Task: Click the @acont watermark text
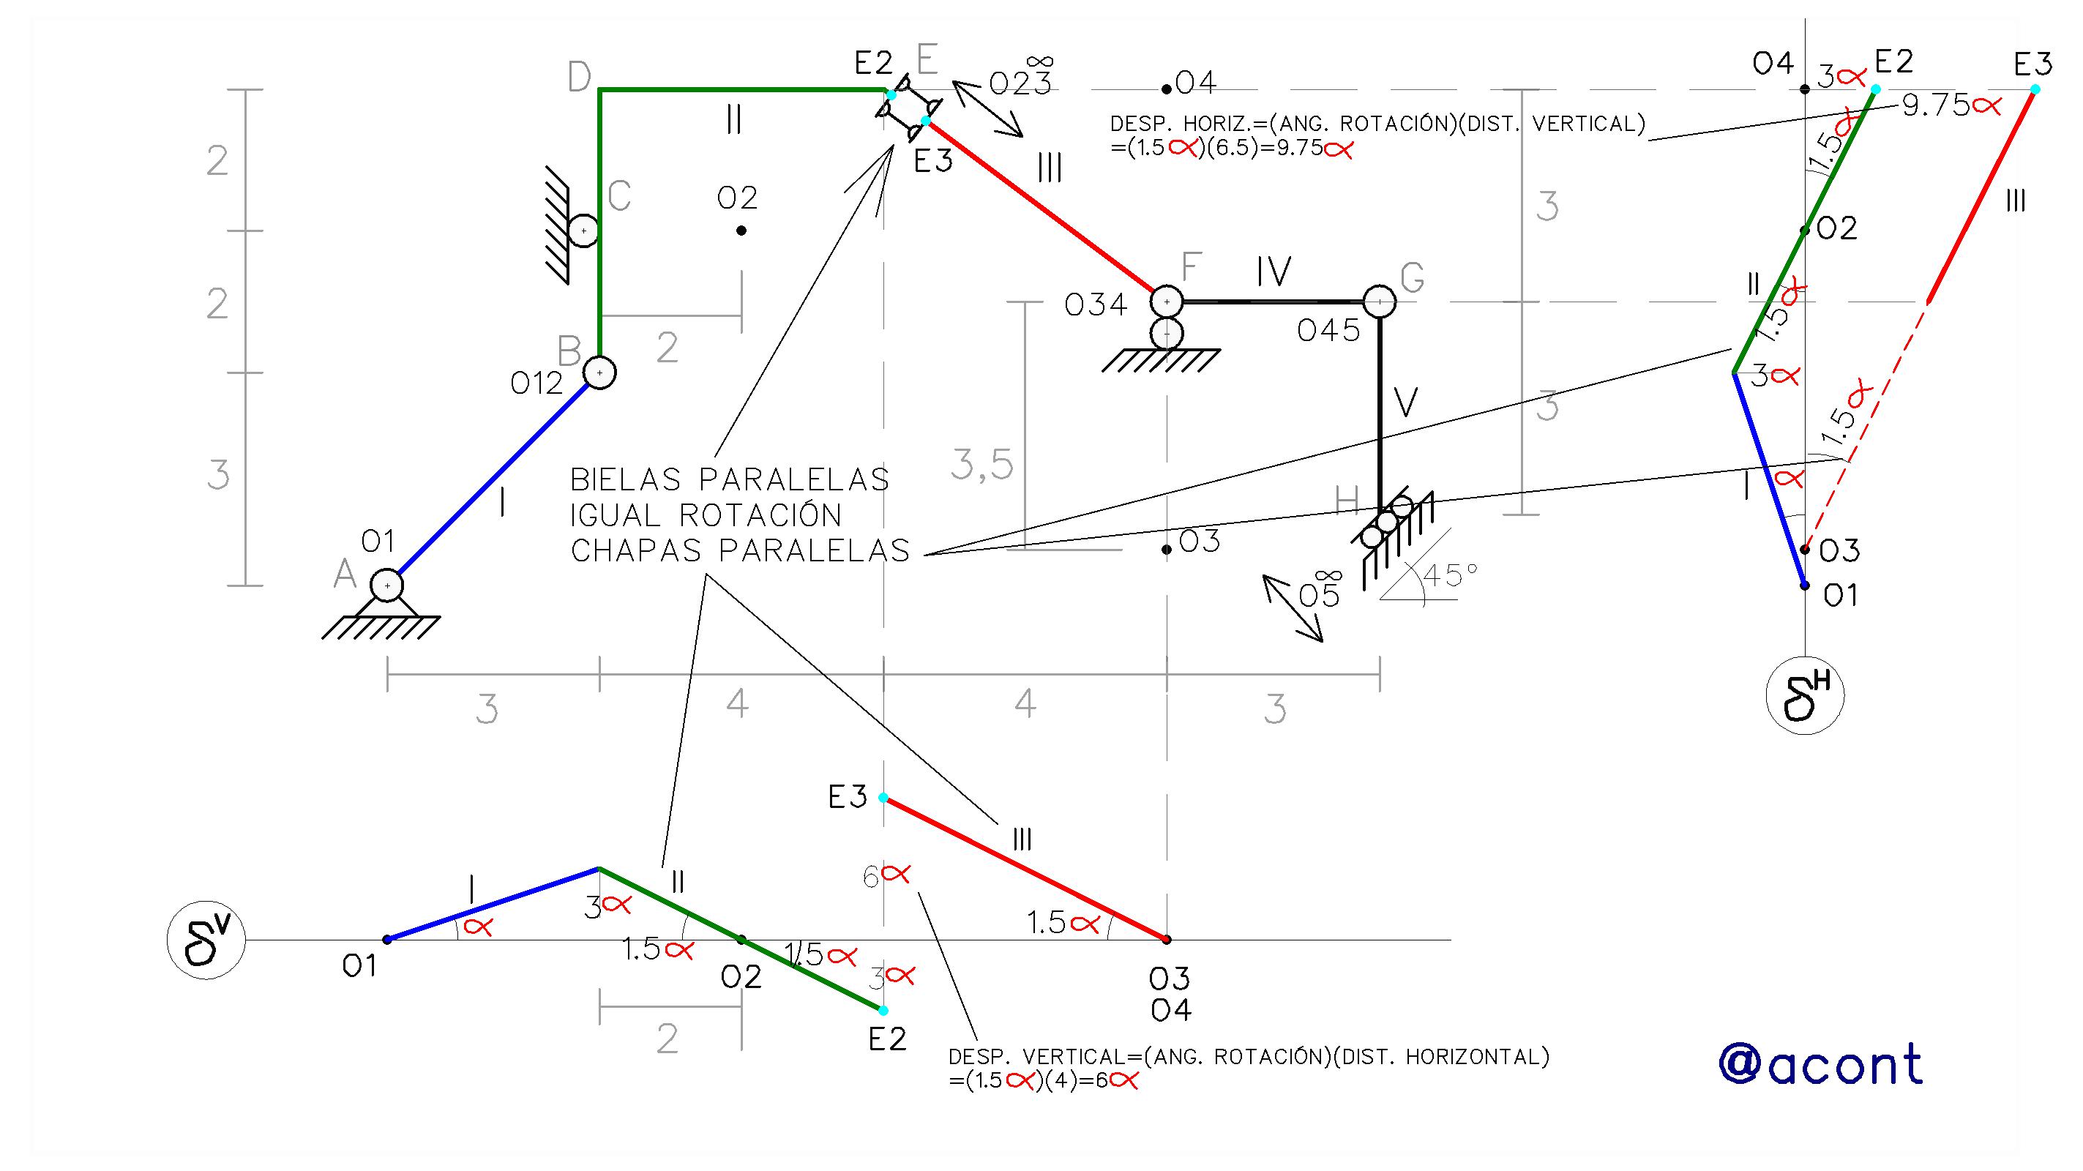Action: coord(1820,1064)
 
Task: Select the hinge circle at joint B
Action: coord(599,373)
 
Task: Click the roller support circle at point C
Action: coord(583,231)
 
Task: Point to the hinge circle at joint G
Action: coord(1380,302)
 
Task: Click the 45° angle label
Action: coord(1451,575)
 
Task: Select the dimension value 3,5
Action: coord(981,465)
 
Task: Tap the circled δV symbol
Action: coord(206,940)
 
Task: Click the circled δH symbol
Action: coord(1805,695)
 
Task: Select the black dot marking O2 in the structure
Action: coord(741,231)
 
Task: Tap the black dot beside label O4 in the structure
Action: coord(1166,89)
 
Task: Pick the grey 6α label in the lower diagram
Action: coord(886,876)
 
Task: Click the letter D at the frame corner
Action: coord(579,78)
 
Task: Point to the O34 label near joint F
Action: coord(1096,305)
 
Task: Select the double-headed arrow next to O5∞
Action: coord(1292,608)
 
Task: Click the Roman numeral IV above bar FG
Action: coord(1274,272)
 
